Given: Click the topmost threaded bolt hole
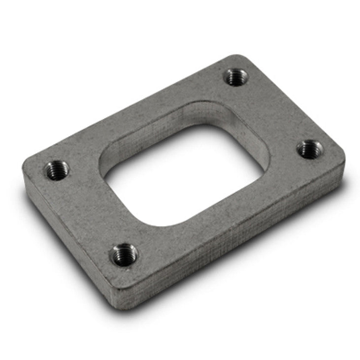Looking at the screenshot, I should click(236, 77).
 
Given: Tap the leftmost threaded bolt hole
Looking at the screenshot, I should click(57, 170).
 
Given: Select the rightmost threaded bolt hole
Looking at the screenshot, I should click(310, 149).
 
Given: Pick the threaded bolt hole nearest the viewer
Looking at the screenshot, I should click(124, 255).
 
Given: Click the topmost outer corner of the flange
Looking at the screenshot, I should click(241, 56).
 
